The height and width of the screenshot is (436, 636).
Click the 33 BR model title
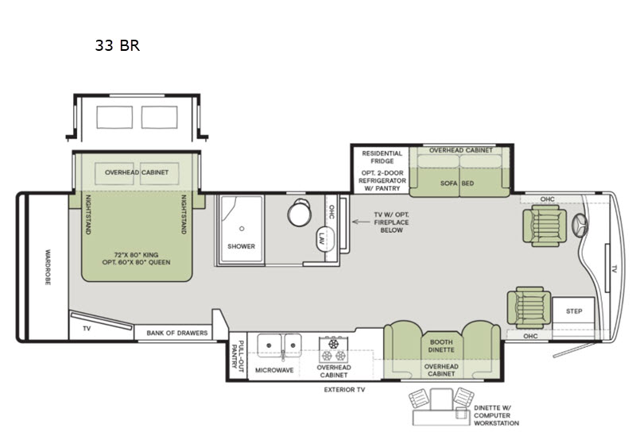pos(117,45)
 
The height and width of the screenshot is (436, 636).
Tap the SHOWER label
pos(242,246)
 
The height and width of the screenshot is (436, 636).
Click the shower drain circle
pos(242,229)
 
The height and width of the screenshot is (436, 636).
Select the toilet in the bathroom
pos(300,212)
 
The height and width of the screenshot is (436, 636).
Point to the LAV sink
pos(326,239)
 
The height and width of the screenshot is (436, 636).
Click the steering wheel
pos(580,225)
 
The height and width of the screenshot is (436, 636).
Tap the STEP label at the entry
pos(574,311)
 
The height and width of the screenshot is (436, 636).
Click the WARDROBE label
pos(48,268)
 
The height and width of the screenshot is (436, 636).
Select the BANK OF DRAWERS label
pos(176,333)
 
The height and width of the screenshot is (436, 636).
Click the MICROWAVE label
pos(274,370)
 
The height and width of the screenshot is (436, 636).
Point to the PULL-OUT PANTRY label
pos(237,354)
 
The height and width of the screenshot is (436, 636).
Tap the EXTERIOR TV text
pos(344,390)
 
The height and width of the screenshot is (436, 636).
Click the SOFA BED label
pos(457,183)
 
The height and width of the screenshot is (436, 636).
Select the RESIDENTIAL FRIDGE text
pos(382,157)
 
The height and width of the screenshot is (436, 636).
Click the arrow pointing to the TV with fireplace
pos(361,222)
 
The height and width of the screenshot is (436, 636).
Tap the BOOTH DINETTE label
pos(441,346)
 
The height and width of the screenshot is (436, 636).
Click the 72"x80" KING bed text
pos(136,255)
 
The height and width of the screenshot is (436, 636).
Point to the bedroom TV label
pos(87,329)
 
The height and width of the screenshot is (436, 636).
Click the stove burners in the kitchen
pos(333,350)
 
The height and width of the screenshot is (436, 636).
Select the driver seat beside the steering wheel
pos(545,226)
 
